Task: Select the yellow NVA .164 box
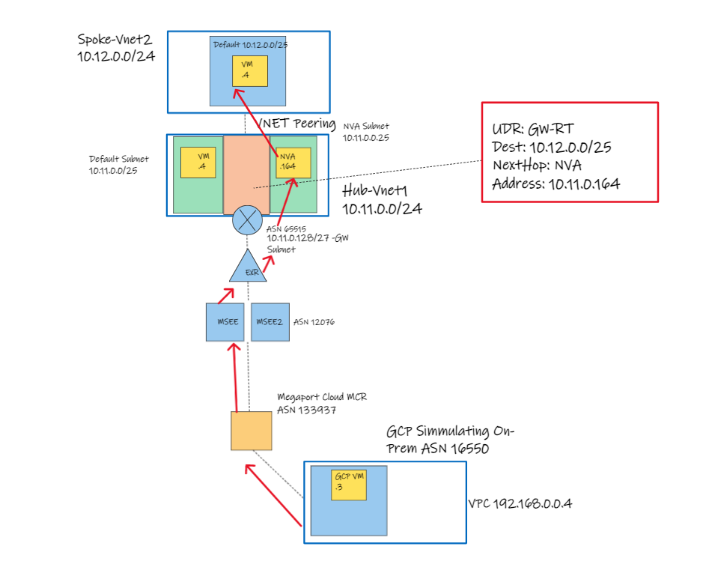(x=291, y=162)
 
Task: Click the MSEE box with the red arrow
(x=225, y=322)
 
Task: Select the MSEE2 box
(x=270, y=322)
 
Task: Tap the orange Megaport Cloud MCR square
(x=251, y=431)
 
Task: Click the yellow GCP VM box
(x=349, y=484)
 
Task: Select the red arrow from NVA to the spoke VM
(x=258, y=121)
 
